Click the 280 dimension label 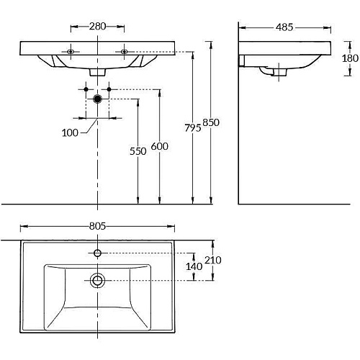[x=97, y=26]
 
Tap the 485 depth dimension [x=284, y=27]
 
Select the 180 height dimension [x=350, y=58]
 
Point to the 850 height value [x=211, y=122]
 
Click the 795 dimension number [x=193, y=128]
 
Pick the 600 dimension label [x=160, y=146]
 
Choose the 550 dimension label [x=138, y=151]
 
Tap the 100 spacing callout [x=70, y=132]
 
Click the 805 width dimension [x=97, y=226]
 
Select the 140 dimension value [x=194, y=266]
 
